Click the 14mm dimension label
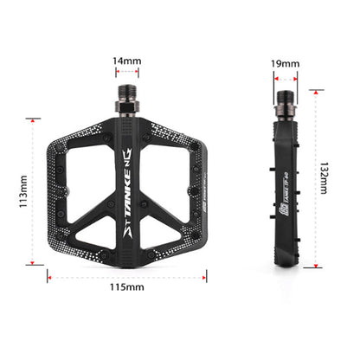tap(126, 60)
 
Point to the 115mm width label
tap(126, 287)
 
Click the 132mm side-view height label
tap(324, 177)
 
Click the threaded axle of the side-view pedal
tap(287, 102)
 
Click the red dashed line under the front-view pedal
tap(126, 277)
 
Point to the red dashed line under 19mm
tap(287, 76)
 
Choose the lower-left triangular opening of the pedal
tap(87, 220)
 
